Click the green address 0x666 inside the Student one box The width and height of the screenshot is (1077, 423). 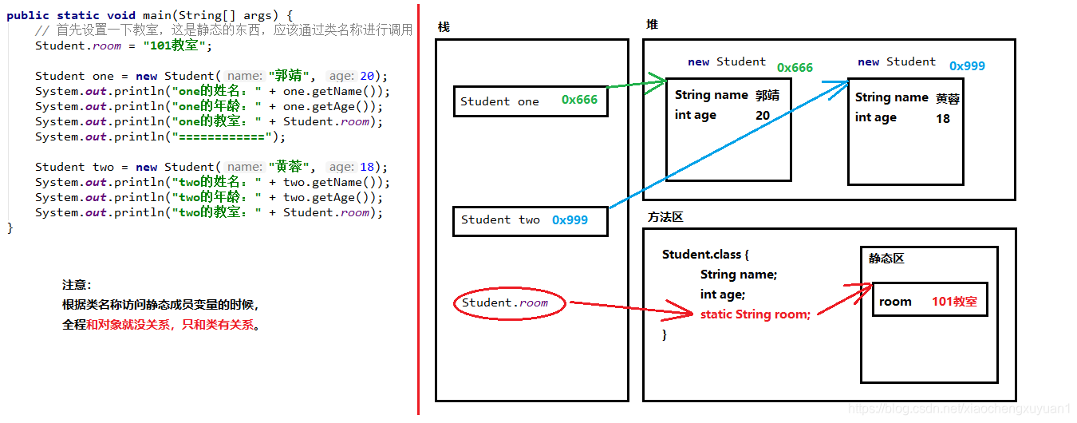click(579, 100)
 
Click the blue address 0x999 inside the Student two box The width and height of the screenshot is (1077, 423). click(570, 220)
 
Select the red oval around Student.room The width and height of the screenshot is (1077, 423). click(510, 303)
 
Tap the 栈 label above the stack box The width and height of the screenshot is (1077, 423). click(444, 27)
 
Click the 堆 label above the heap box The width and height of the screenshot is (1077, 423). click(652, 25)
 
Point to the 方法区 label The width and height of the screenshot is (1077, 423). click(665, 217)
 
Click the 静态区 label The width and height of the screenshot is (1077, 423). click(886, 259)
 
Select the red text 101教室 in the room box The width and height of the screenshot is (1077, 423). click(954, 302)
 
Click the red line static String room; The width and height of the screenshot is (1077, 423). click(755, 314)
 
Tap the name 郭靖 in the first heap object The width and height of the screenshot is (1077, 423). click(767, 95)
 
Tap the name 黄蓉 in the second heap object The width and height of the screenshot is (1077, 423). click(948, 98)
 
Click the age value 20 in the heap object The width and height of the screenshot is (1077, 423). click(763, 116)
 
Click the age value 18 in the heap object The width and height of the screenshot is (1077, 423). click(943, 118)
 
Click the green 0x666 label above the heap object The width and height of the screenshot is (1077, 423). click(795, 68)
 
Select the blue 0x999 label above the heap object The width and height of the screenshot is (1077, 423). click(967, 66)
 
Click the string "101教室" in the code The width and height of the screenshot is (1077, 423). click(175, 45)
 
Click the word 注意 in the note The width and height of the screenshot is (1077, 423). click(77, 285)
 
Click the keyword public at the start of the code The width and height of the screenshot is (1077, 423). click(28, 15)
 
